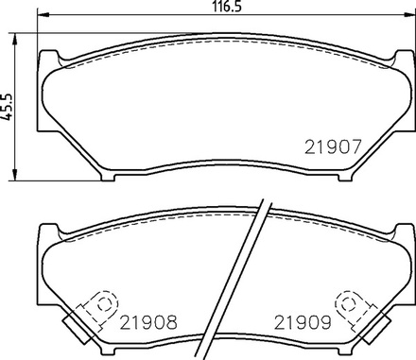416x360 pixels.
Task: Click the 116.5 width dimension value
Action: click(227, 6)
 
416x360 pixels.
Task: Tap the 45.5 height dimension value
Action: click(6, 107)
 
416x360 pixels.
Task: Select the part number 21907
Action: click(333, 147)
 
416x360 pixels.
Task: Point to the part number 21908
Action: click(148, 322)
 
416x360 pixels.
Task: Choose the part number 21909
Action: click(303, 322)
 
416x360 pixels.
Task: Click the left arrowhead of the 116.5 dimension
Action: click(43, 14)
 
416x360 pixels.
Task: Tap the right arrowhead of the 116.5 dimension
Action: click(409, 14)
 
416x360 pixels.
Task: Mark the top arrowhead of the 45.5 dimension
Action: click(14, 39)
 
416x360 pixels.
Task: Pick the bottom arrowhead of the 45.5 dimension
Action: click(14, 175)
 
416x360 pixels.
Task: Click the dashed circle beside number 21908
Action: click(104, 305)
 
